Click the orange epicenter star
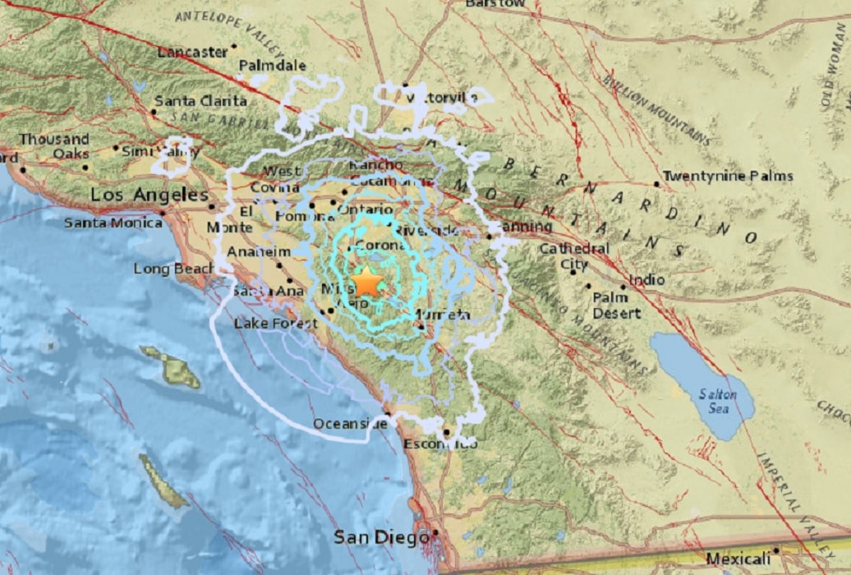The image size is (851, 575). tap(367, 283)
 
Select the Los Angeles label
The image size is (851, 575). tap(149, 195)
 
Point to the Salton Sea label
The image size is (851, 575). tap(718, 400)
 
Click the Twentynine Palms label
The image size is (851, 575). tap(728, 176)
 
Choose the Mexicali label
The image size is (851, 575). tap(738, 558)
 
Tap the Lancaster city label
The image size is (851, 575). tap(192, 52)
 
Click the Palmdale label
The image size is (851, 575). tap(272, 66)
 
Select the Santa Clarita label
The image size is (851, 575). tap(200, 101)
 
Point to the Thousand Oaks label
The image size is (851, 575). tap(55, 146)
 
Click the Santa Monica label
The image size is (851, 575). tap(113, 223)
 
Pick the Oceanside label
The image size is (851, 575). tap(350, 424)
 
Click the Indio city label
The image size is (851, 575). tap(646, 280)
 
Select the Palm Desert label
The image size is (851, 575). tap(616, 306)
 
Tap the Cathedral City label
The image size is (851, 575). tap(574, 256)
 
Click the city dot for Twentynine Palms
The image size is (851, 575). tap(657, 184)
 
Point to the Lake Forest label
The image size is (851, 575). tap(275, 324)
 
